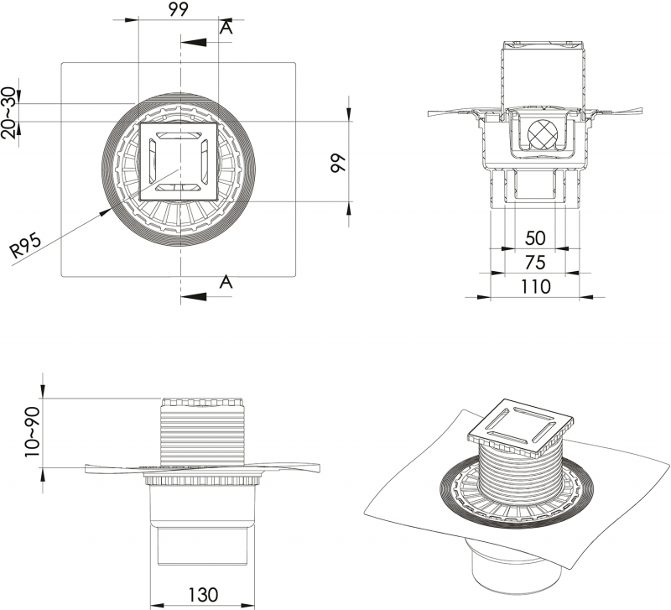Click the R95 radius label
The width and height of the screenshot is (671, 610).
pos(26,246)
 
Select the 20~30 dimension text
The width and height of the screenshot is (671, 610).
pos(9,112)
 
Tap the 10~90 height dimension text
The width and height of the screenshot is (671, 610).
pos(33,432)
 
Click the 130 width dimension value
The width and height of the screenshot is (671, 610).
pos(203,595)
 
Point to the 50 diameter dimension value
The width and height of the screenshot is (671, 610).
pos(535,238)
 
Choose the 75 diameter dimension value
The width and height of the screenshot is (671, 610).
pos(535,263)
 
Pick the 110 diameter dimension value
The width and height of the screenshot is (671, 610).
pos(535,286)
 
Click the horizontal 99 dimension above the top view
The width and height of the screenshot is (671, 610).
pos(178,9)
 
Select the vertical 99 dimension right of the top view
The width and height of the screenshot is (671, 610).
pos(338,163)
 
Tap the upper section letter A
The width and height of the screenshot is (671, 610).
pos(226,28)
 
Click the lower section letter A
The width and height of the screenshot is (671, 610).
pos(226,282)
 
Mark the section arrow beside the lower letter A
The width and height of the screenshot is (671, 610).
pos(194,297)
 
